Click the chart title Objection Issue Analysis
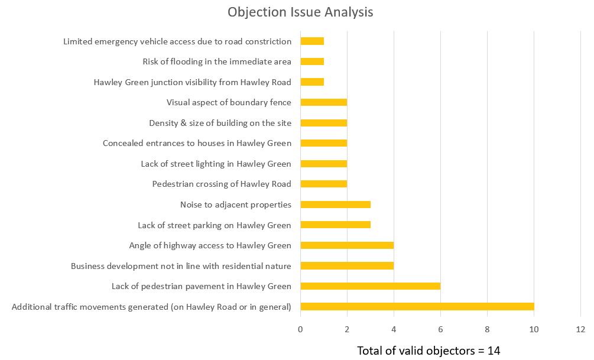[x=300, y=12]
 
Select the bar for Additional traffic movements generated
[x=417, y=306]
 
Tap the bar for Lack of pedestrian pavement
[x=371, y=286]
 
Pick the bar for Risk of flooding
[x=312, y=61]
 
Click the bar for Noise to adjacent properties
[x=336, y=205]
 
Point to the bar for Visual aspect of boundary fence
[x=324, y=102]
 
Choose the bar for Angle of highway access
[x=347, y=245]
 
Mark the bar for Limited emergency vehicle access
[x=312, y=41]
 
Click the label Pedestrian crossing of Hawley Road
[x=222, y=184]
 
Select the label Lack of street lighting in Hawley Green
[x=216, y=164]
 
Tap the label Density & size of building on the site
[x=220, y=123]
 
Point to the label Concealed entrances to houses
[x=197, y=143]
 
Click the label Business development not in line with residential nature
[x=181, y=266]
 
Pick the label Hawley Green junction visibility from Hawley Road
[x=192, y=82]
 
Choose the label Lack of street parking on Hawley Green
[x=215, y=225]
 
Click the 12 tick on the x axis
[x=580, y=329]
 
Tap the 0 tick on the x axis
[x=300, y=329]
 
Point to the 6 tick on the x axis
[x=440, y=329]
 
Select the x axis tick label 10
[x=534, y=329]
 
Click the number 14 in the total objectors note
[x=494, y=351]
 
